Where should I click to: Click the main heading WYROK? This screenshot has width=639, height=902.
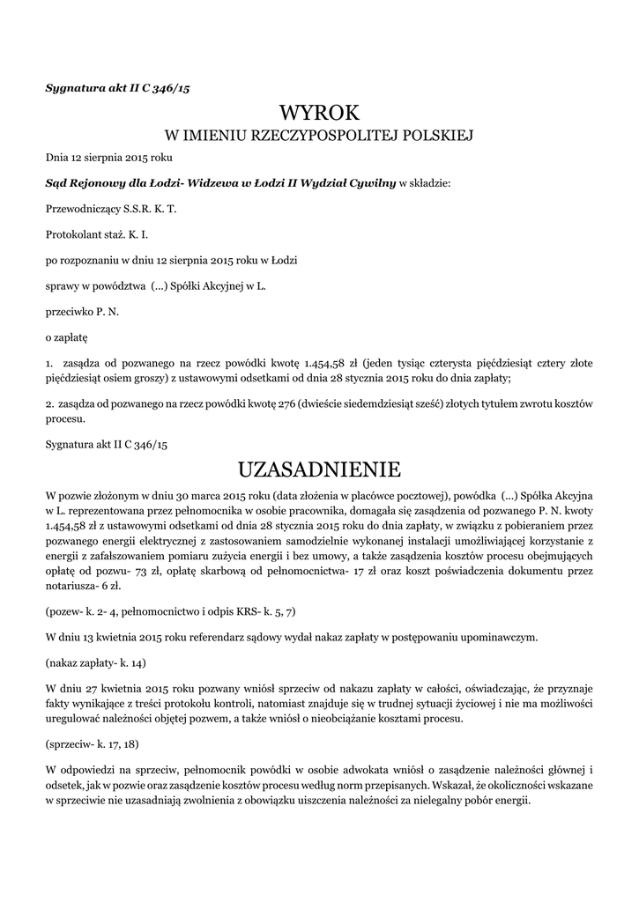pyautogui.click(x=319, y=113)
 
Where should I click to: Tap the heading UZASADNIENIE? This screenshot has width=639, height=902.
pyautogui.click(x=319, y=466)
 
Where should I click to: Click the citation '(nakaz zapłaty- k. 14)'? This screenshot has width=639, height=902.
pyautogui.click(x=96, y=661)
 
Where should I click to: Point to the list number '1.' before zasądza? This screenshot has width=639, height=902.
pyautogui.click(x=49, y=362)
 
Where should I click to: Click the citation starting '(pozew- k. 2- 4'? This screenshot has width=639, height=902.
pyautogui.click(x=170, y=610)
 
